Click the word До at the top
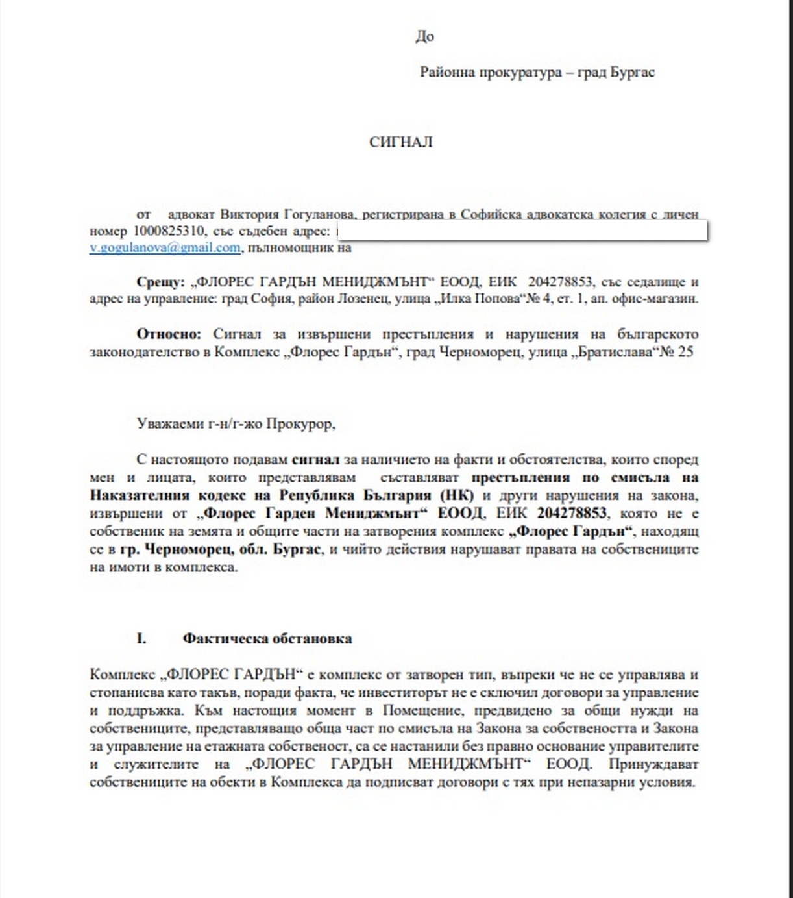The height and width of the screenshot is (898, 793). point(424,36)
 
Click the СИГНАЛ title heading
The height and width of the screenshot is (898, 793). point(400,142)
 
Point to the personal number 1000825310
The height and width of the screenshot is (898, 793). point(169,231)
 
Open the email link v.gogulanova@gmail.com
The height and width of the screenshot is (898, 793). point(165,247)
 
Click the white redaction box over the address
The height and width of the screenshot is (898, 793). point(522,231)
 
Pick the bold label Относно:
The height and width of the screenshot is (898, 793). point(169,334)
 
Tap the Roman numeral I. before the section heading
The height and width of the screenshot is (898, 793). point(141,638)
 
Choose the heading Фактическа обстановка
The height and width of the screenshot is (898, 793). point(267,638)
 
